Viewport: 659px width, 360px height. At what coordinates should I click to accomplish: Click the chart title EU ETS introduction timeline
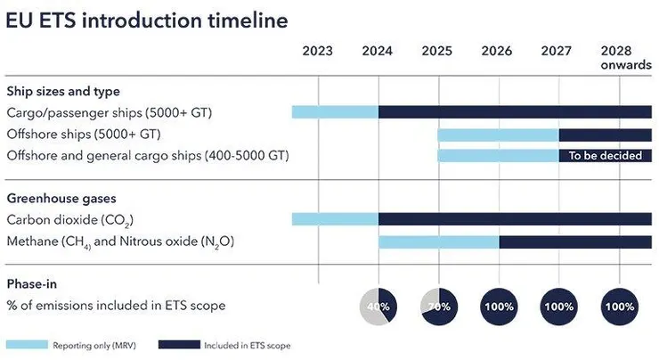146,20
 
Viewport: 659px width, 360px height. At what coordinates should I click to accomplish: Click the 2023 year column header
317,51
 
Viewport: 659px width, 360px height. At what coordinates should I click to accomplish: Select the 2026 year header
497,51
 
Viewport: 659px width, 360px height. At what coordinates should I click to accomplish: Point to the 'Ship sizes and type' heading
63,91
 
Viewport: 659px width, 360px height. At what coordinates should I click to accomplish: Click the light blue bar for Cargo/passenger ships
335,112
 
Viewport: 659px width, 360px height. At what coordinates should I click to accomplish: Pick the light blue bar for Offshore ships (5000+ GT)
498,135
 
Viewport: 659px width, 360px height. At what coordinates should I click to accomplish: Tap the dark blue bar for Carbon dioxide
515,219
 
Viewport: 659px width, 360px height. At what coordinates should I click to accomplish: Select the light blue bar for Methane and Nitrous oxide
438,241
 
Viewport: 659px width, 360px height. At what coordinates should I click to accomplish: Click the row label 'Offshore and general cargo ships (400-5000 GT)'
148,156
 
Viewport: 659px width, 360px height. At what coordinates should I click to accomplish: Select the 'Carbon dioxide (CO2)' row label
70,219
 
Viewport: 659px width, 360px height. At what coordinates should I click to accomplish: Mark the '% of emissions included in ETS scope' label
116,306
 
